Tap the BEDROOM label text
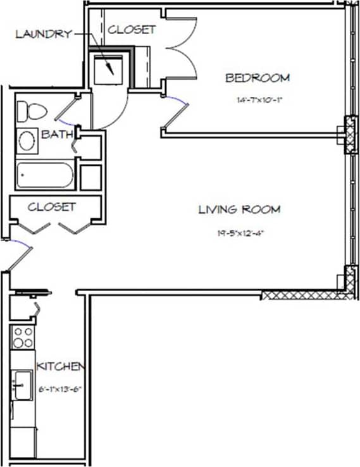[258, 78]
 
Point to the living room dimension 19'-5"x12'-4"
[240, 233]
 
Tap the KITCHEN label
[60, 367]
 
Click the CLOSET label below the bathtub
[51, 207]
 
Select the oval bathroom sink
[27, 140]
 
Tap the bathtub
[45, 175]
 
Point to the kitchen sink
[23, 385]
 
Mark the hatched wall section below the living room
[304, 294]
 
